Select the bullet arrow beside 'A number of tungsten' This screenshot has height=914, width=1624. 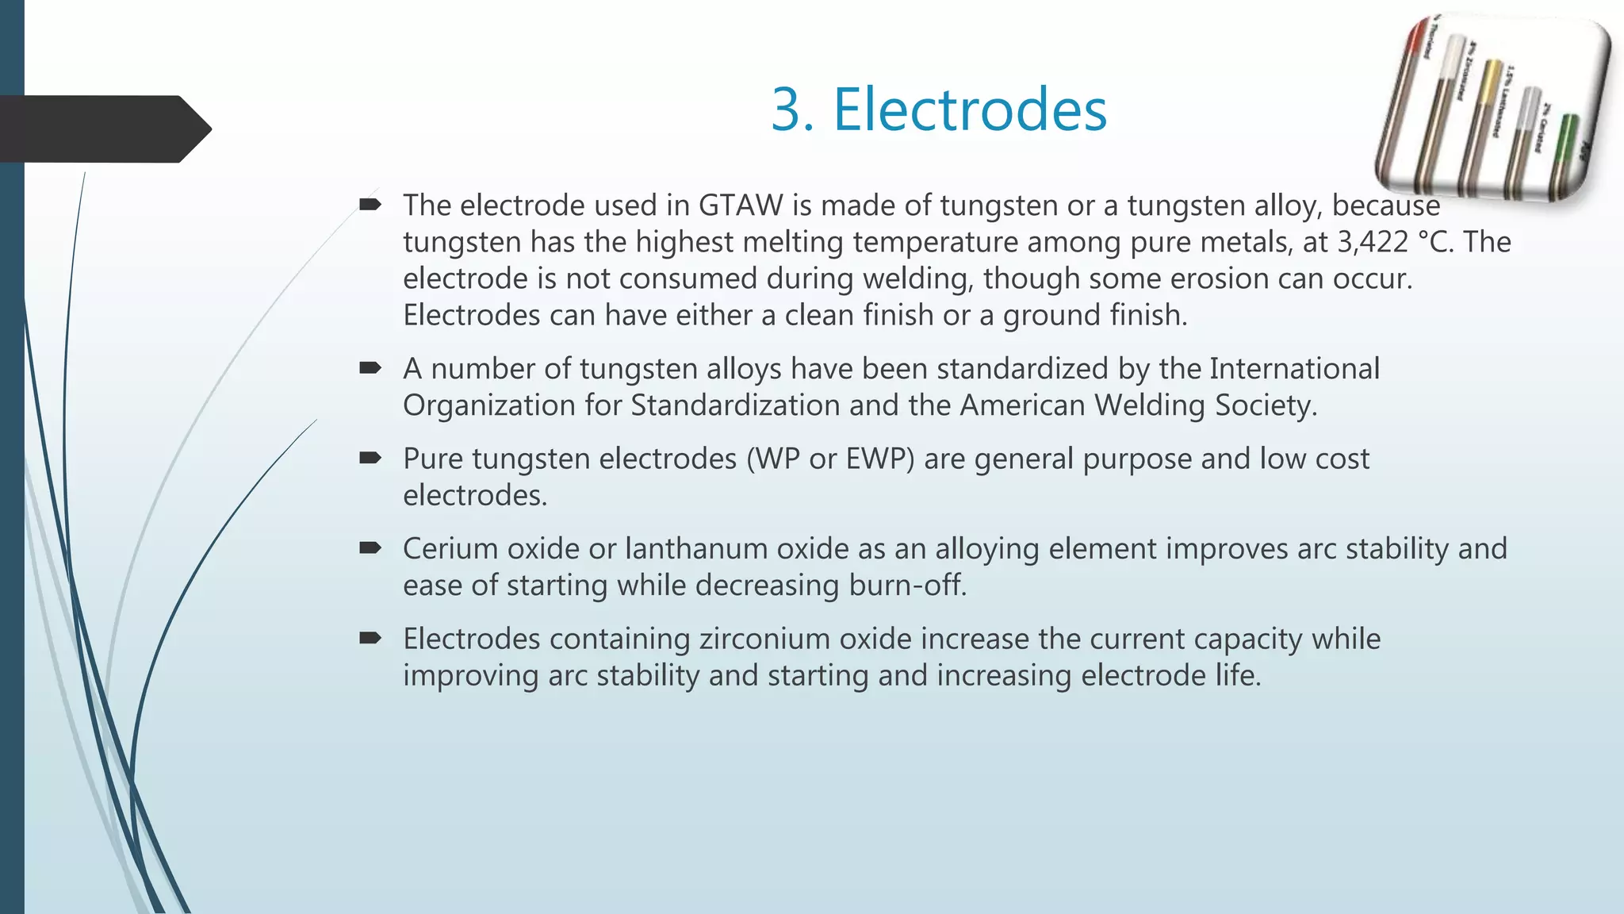[370, 367]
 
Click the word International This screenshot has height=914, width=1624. [1294, 369]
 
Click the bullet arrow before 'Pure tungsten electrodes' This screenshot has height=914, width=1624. [370, 457]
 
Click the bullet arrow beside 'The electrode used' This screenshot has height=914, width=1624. [370, 205]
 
